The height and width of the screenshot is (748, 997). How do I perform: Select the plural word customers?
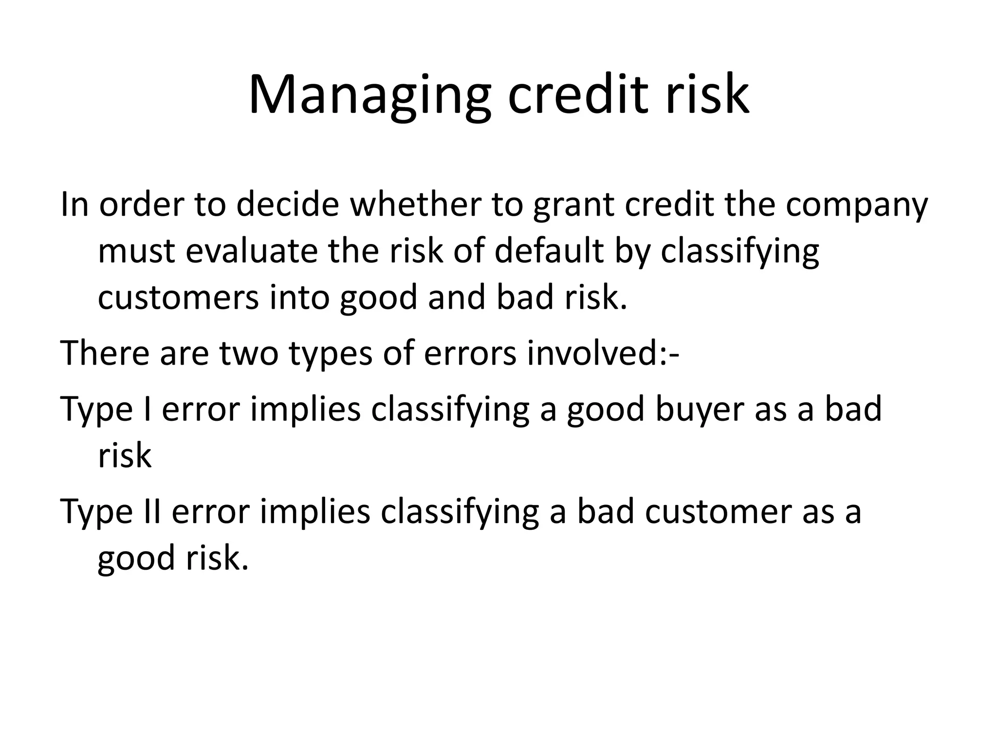coord(178,298)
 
